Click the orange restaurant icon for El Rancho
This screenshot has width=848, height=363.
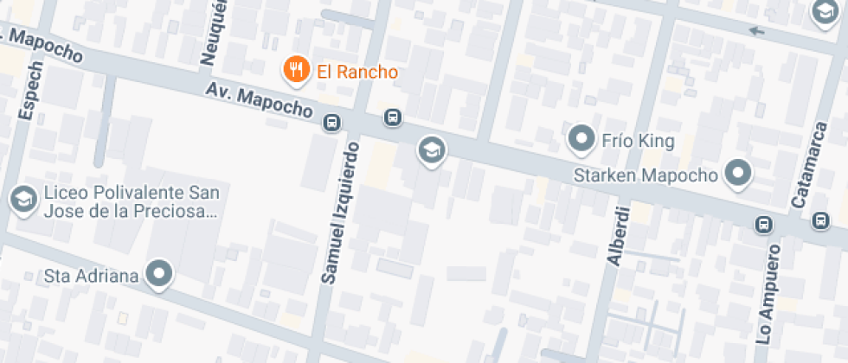coord(297,70)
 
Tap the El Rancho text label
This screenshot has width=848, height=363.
coord(357,72)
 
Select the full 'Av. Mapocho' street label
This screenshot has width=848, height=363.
coord(258,102)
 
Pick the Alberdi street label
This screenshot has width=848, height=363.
coord(618,234)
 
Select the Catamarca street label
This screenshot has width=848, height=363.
coord(805,166)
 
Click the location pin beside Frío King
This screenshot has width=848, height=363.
coord(580,138)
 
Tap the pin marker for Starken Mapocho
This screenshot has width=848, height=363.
coord(737,173)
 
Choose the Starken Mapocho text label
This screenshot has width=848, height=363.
coord(646,175)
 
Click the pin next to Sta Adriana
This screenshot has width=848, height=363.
coord(159,275)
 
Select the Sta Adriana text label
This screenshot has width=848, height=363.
coord(92,277)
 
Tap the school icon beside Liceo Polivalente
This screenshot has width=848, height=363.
coord(22,200)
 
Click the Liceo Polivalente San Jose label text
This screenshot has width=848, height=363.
coord(130,201)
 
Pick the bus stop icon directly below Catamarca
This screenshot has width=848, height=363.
coord(820,222)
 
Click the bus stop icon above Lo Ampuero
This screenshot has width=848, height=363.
coord(764,225)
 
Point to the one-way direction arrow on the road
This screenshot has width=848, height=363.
coord(757,32)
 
